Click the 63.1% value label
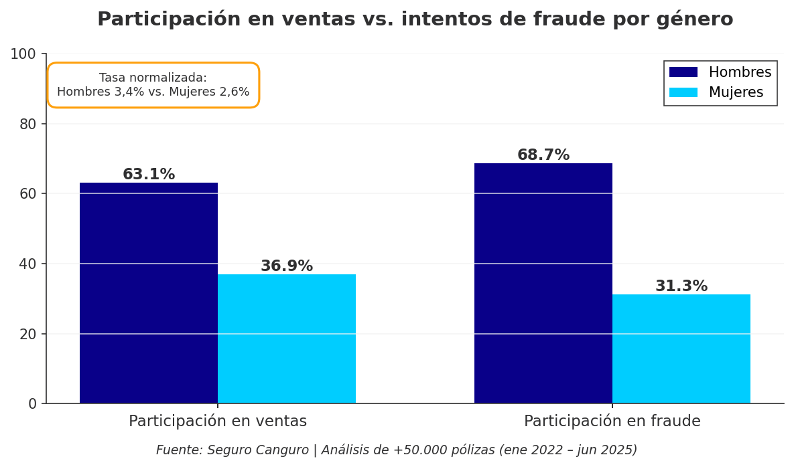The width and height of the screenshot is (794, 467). pos(149,175)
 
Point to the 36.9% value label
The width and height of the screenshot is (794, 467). pos(287,266)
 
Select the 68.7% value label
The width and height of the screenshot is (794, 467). pos(543,155)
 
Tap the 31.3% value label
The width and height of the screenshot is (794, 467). pos(681,286)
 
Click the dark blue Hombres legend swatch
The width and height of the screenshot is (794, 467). pos(683,72)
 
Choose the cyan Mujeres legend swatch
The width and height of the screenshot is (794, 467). pos(683,92)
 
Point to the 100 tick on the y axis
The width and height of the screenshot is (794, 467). pos(23,54)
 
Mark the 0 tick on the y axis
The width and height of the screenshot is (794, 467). pos(32,403)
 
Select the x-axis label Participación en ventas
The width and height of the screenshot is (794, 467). pos(218,422)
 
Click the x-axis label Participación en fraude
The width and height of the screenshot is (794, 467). pos(612,422)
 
